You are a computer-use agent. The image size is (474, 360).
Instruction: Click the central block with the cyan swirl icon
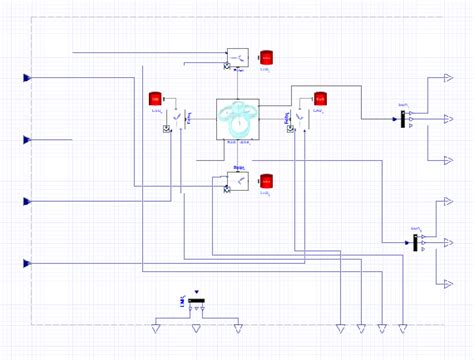pos(238,120)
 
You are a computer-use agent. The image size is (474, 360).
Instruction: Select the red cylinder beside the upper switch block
pos(266,57)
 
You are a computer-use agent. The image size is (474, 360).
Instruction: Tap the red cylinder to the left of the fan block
pos(155,98)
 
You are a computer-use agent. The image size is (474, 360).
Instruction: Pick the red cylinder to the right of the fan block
pos(320,98)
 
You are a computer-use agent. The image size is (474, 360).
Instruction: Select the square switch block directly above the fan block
pos(237,59)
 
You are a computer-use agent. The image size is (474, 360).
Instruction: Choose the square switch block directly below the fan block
pos(237,180)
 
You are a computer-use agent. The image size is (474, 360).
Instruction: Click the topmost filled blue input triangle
pos(29,77)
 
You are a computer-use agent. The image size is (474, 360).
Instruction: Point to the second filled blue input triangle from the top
pos(29,139)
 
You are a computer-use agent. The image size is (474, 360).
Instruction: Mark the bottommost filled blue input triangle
pos(29,263)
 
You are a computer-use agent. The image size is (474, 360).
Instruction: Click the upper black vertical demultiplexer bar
pos(403,119)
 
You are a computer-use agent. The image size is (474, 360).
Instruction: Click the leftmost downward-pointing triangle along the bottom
pos(156,327)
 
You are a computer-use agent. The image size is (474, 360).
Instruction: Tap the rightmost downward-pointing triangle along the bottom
pos(402,327)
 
